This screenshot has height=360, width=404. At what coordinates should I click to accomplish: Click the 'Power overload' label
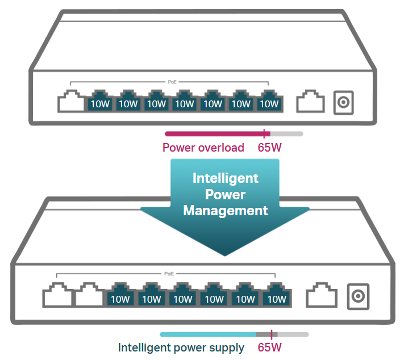203,148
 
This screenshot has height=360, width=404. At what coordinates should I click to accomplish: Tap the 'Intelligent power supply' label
181,348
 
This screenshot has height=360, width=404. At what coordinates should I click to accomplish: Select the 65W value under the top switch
269,148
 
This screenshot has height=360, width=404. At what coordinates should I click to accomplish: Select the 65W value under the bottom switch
269,348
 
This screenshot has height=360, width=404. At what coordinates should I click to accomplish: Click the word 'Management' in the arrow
226,211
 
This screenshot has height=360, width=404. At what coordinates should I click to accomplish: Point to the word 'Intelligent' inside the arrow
226,178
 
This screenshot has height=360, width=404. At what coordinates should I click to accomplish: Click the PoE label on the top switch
172,82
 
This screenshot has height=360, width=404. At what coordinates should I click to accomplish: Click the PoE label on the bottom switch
169,274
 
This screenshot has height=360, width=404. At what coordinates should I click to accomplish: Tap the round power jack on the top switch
343,102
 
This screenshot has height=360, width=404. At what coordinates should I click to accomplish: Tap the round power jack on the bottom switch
358,296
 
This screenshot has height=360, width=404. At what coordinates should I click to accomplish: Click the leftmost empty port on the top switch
72,101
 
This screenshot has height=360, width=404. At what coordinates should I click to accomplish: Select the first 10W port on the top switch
100,101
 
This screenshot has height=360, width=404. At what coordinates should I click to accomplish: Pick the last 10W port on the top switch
269,101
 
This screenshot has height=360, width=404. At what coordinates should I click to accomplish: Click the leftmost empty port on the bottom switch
58,295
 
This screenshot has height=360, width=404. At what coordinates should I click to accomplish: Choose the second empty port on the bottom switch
89,295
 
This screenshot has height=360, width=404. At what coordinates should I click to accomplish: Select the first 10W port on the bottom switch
120,295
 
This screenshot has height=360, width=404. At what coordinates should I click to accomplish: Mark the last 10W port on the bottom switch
277,295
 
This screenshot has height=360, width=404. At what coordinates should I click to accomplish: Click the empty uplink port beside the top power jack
310,101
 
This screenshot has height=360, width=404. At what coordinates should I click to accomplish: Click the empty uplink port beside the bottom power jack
322,295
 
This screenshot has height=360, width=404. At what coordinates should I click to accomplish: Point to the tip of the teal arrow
224,256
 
